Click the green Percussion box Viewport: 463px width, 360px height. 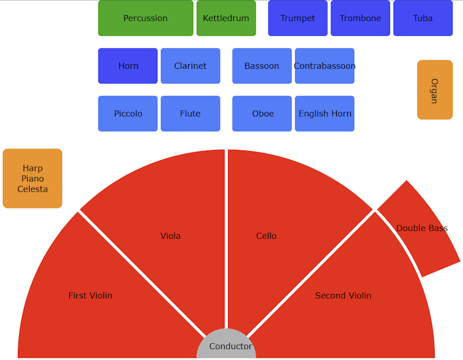pos(145,18)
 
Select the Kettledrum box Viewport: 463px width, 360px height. pos(226,18)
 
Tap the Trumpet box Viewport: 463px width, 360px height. pos(297,18)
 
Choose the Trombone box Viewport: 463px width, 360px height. pos(360,18)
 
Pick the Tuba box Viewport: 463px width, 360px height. pos(422,18)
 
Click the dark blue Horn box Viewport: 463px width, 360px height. pos(128,66)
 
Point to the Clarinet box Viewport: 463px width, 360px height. pos(190,66)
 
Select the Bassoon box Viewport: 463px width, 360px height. pos(262,66)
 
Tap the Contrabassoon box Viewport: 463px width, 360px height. pos(325,66)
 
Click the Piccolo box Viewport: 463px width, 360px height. pos(128,113)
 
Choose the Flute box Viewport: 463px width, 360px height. pos(190,113)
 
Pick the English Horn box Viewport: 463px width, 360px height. pos(325,113)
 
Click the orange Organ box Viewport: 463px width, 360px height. pos(435,90)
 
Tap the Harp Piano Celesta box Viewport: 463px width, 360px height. pos(32,178)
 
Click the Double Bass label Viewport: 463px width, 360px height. pos(422,228)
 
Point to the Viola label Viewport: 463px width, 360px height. pos(170,236)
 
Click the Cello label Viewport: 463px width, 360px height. pos(266,236)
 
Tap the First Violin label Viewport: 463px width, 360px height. pos(90,295)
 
